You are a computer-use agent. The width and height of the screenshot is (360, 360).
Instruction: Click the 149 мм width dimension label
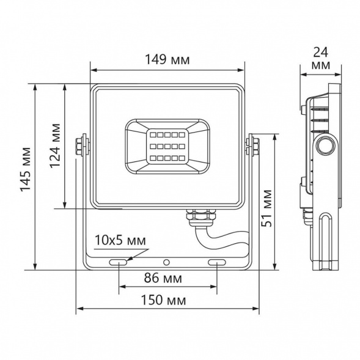167,60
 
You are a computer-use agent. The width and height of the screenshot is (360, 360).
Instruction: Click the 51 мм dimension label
267,208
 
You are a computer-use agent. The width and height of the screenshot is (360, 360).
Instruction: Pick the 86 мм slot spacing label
166,278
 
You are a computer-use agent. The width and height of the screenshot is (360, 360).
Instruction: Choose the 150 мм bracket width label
166,301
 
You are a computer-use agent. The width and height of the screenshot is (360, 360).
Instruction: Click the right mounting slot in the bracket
217,262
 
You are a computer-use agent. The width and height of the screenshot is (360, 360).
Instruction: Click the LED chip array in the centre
167,145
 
